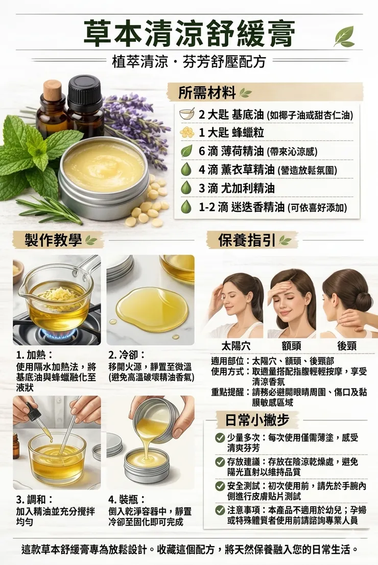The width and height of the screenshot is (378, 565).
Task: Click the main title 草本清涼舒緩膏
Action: point(189,34)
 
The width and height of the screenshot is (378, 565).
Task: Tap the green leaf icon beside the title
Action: point(344,37)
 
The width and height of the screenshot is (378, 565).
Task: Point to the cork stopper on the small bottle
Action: point(53,90)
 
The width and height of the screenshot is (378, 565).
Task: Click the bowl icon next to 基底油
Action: point(187,114)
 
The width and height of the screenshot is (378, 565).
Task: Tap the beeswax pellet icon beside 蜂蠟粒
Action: point(186,132)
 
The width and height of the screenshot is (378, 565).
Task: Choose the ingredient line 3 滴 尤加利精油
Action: point(237,188)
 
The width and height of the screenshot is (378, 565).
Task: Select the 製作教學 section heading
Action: point(53,240)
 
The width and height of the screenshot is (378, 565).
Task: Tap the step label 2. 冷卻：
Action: point(127,355)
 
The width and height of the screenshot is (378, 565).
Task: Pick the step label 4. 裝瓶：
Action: point(127,500)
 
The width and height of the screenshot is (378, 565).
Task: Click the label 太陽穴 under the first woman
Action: point(236,347)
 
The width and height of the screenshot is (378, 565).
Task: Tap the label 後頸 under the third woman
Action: point(347,347)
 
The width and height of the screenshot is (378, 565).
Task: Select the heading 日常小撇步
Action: point(257,420)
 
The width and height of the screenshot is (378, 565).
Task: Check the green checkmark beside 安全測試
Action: point(220,486)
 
